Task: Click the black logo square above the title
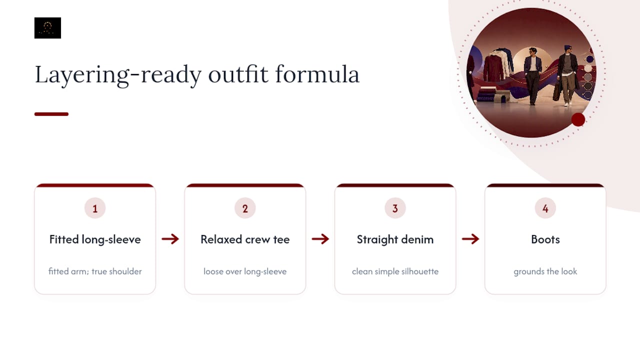[x=47, y=28]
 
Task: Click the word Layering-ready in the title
[x=118, y=75]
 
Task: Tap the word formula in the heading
[x=317, y=74]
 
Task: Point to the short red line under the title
[x=51, y=114]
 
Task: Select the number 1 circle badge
[x=95, y=208]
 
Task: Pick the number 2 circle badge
[x=245, y=208]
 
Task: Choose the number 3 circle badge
[x=395, y=208]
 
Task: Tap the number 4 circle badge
[x=545, y=208]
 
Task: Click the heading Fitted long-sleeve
[x=95, y=239]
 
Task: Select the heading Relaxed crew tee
[x=245, y=239]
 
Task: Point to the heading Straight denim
[x=395, y=239]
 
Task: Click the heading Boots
[x=545, y=239]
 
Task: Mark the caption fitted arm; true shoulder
[x=95, y=271]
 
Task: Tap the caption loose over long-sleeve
[x=245, y=271]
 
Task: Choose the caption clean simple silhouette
[x=395, y=271]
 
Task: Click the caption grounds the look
[x=545, y=271]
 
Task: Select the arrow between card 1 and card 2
[x=170, y=239]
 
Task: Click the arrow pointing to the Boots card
[x=470, y=239]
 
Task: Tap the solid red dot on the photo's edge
[x=578, y=119]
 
